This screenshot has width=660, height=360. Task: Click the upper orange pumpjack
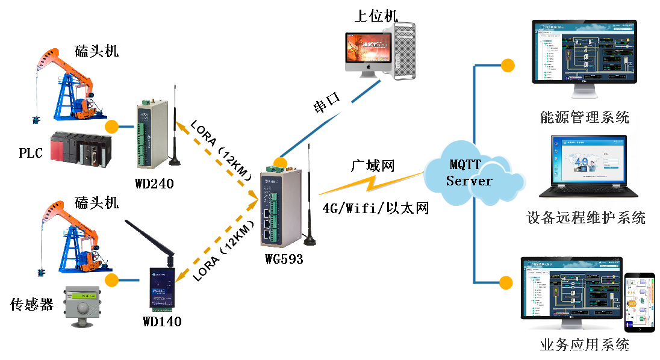point(70,84)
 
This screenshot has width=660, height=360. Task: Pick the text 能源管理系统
point(585,118)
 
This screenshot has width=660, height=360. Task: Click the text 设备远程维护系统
point(585,218)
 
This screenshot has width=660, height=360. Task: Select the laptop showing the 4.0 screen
point(589,166)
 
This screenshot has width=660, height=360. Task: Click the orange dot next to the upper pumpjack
point(111,126)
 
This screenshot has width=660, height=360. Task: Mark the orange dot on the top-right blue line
point(508,65)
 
